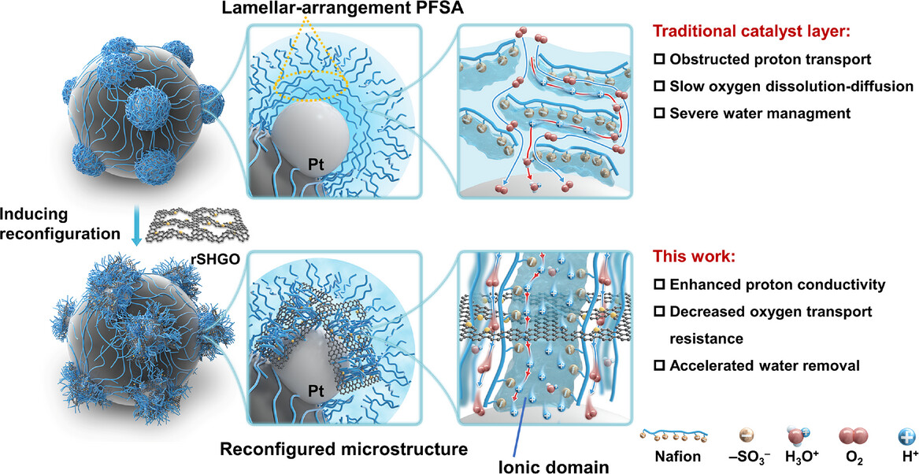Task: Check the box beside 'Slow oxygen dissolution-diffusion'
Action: [x=661, y=87]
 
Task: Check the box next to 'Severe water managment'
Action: [x=661, y=113]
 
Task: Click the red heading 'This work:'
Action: [x=695, y=257]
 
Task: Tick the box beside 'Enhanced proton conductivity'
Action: [x=661, y=284]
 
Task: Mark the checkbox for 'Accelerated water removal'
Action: [x=661, y=367]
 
